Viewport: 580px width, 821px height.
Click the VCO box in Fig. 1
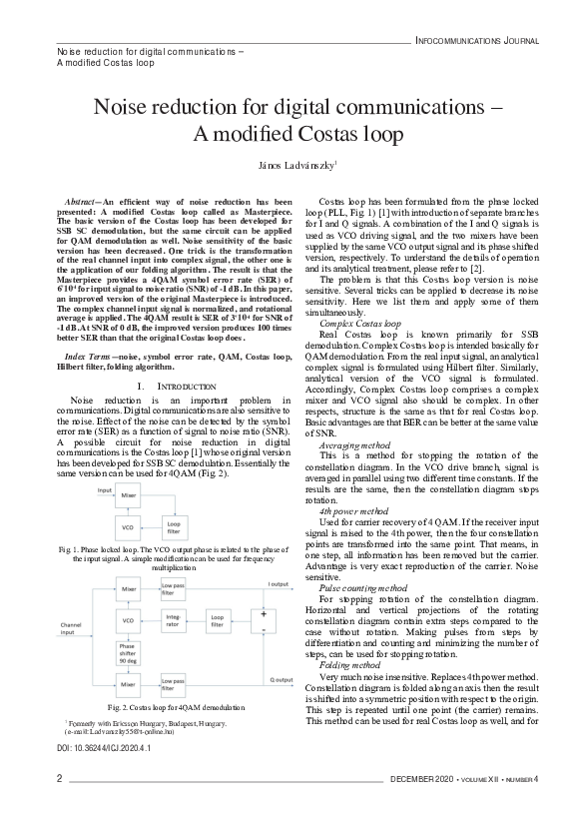tap(128, 526)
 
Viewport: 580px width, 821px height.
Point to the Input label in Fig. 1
tap(105, 490)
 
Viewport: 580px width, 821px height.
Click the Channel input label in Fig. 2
tap(72, 627)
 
